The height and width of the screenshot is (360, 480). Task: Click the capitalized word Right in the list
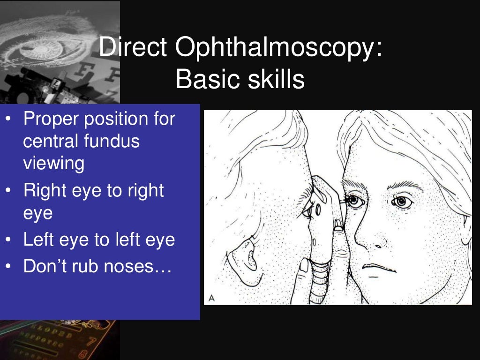tap(45, 191)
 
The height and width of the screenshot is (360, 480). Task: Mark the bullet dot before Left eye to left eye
tap(9, 240)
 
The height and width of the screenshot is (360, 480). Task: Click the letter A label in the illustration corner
tap(211, 298)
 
